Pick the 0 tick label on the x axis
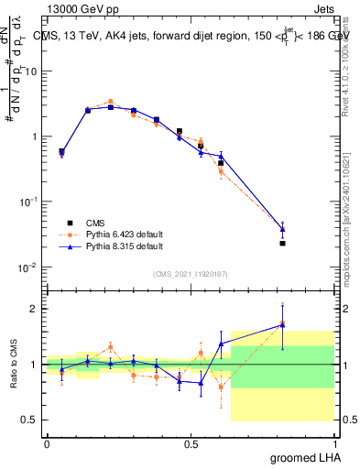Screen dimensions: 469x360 click(47, 443)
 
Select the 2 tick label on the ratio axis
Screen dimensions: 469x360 click(35, 309)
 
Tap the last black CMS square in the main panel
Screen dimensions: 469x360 click(283, 243)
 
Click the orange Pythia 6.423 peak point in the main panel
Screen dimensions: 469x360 click(110, 102)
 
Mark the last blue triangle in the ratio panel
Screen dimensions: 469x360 click(283, 324)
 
